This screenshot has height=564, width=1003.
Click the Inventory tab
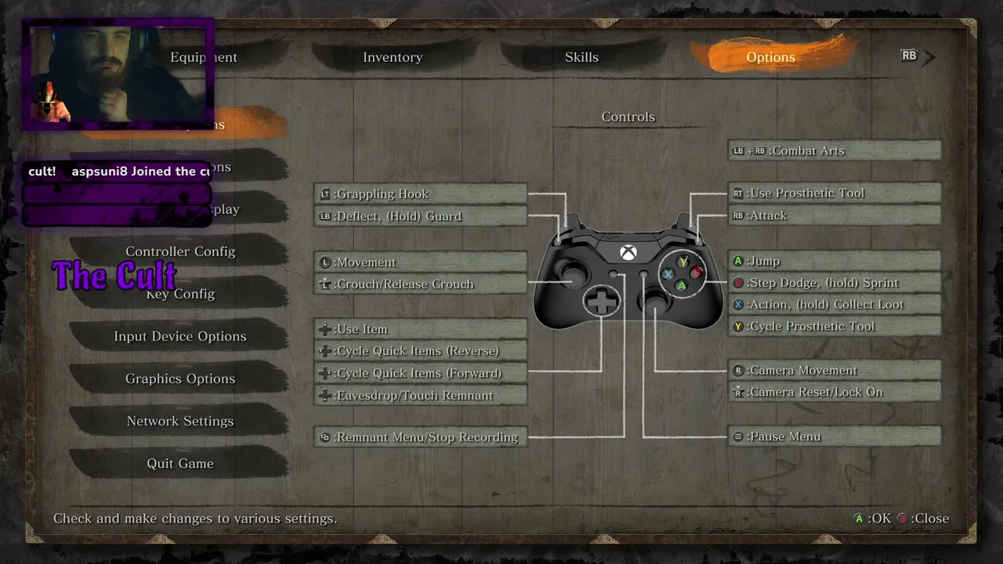[393, 57]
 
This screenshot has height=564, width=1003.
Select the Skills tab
[581, 57]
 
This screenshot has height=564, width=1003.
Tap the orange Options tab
[770, 57]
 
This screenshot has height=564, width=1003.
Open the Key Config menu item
[180, 294]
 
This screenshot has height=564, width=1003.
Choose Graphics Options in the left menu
[180, 378]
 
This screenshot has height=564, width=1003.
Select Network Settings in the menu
[180, 421]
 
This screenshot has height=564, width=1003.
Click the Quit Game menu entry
[180, 463]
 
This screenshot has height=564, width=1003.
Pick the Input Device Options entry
[180, 336]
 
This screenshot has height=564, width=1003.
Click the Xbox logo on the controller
[628, 252]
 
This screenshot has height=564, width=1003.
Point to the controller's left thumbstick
[574, 273]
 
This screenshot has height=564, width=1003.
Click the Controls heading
[628, 117]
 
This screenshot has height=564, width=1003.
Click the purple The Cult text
[114, 276]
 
